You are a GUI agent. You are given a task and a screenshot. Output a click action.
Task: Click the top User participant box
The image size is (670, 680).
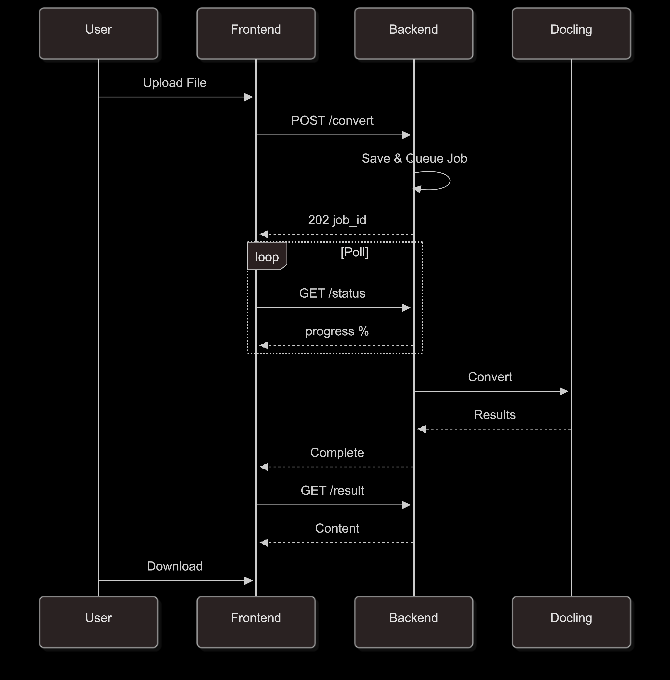[99, 33]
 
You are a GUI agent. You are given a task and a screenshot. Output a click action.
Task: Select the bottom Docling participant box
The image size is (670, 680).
[571, 622]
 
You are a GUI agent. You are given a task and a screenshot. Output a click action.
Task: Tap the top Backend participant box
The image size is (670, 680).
[414, 33]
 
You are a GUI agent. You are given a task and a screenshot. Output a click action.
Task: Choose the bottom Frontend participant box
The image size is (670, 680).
[256, 622]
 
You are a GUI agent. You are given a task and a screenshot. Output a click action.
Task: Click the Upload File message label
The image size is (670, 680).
[175, 83]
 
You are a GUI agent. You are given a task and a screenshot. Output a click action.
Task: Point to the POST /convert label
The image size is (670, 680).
[332, 121]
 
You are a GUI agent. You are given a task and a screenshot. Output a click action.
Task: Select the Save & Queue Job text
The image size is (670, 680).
[414, 158]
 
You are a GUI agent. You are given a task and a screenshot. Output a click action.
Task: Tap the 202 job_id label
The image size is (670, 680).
[337, 220]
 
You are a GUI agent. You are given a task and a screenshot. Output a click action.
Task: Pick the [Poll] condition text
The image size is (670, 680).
[355, 252]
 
